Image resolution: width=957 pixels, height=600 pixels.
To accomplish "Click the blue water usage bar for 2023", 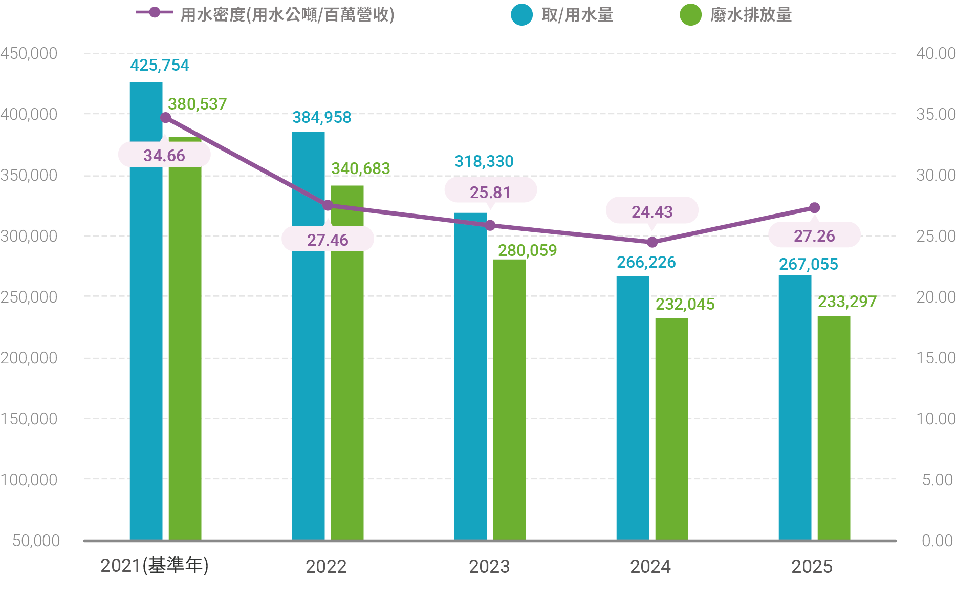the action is (x=470, y=376).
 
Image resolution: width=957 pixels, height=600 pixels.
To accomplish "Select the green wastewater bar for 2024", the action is (x=671, y=429).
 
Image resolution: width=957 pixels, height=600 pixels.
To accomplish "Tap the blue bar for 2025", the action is (x=795, y=408).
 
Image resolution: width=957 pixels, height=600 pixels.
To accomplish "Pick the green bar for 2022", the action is (x=347, y=362).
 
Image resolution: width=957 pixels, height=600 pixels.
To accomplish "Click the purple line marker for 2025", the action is (x=814, y=208).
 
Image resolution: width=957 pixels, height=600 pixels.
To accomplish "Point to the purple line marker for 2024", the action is (x=652, y=242).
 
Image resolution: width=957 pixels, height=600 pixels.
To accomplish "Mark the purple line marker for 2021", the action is (x=165, y=118).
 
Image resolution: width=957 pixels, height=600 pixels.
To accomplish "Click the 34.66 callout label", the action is (x=164, y=155).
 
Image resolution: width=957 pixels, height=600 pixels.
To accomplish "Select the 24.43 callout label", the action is (x=652, y=211).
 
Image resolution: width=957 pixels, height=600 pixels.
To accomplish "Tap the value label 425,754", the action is (x=159, y=65).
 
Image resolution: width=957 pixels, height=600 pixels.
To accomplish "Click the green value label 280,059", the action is (x=528, y=250).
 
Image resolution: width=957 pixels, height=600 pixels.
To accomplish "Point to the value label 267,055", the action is (x=809, y=264).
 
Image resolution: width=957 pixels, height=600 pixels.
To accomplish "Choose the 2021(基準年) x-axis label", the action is (x=155, y=566).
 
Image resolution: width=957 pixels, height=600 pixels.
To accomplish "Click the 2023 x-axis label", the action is (x=489, y=567).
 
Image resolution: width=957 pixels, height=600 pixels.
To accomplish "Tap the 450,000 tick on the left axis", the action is (x=29, y=54).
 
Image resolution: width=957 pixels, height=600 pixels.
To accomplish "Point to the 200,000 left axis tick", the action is (x=29, y=358).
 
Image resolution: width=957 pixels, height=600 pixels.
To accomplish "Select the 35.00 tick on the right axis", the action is (x=936, y=114).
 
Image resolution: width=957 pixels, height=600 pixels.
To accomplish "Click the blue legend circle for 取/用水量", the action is (x=521, y=15).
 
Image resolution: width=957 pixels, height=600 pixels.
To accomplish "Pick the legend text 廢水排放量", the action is (x=751, y=15).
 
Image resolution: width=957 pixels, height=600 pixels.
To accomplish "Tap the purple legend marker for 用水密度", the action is (x=155, y=12).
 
